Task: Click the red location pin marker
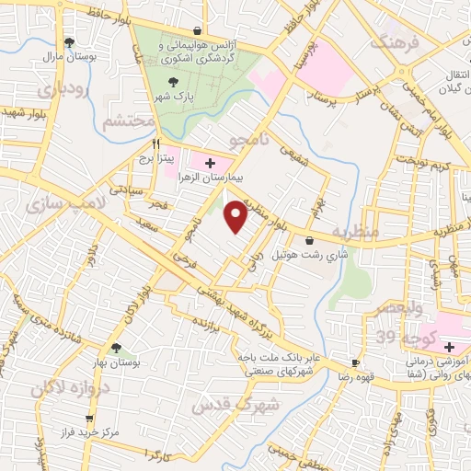click(236, 217)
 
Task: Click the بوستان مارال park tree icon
click(70, 42)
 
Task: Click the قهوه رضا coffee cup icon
click(356, 363)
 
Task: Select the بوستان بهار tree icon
click(117, 349)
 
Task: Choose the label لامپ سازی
click(55, 200)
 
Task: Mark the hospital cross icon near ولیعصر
click(449, 348)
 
